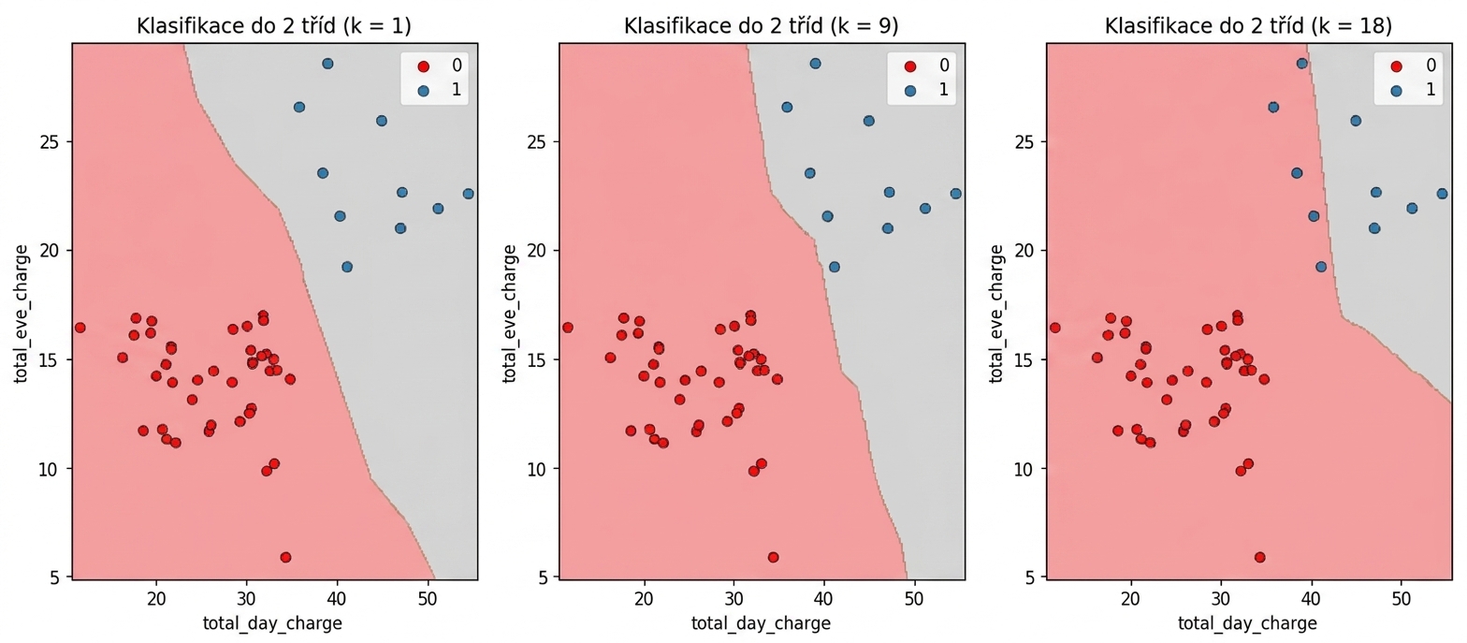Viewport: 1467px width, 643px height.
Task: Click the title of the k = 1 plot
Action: point(274,25)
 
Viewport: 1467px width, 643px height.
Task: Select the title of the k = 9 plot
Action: point(761,25)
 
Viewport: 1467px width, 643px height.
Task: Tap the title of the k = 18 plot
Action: point(1248,25)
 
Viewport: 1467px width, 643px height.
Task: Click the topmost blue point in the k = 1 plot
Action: point(327,64)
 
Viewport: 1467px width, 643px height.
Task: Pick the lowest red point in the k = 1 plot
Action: point(285,557)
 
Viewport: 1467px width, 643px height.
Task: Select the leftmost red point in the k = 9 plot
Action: point(568,327)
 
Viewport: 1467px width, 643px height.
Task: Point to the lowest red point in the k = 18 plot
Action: point(1259,557)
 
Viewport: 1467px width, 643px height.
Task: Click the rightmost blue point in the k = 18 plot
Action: point(1442,194)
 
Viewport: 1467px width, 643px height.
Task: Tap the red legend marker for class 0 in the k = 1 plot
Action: point(423,66)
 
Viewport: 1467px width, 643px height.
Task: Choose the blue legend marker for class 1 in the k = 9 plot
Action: point(910,91)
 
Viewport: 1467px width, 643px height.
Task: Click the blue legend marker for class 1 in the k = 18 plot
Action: point(1397,91)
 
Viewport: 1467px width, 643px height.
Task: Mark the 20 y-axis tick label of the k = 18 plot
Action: point(1024,251)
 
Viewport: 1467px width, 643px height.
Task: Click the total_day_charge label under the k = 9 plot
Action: point(761,622)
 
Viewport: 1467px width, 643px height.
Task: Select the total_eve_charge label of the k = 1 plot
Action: point(21,314)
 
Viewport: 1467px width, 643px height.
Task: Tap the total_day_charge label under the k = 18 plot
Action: point(1248,622)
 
